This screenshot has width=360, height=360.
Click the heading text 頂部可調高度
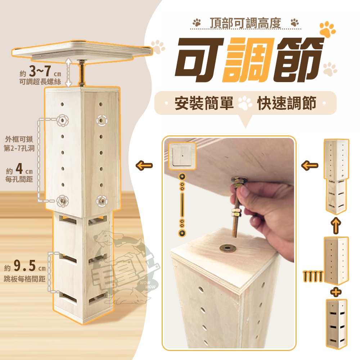(x=246, y=23)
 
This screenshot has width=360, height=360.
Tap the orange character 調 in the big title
(x=248, y=60)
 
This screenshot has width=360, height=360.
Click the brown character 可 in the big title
(x=199, y=60)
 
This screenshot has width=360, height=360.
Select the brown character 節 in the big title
(x=298, y=60)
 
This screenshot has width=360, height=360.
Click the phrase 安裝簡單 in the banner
(x=204, y=103)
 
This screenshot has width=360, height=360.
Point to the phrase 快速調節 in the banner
(x=287, y=103)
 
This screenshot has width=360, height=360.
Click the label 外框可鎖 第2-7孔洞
(x=19, y=144)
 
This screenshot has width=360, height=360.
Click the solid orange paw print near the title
(x=327, y=29)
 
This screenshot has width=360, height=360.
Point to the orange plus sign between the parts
(x=336, y=292)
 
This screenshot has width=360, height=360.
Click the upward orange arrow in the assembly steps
(x=336, y=225)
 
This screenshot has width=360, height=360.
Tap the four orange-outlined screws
(x=313, y=276)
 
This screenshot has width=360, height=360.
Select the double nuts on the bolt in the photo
(x=237, y=212)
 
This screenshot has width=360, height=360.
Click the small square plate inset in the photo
(x=182, y=156)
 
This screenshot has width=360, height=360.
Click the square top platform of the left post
(x=82, y=51)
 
